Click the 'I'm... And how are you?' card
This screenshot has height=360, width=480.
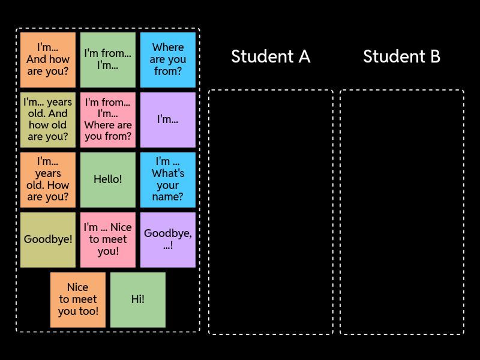48,59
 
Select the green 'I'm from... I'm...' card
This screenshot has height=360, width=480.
108,59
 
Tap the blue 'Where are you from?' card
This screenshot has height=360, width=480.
168,59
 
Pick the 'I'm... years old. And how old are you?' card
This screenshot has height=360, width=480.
48,119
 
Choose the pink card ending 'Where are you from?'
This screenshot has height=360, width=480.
108,119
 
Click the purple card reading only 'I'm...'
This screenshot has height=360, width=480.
168,119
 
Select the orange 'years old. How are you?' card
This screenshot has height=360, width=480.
48,179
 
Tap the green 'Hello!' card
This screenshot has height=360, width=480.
108,179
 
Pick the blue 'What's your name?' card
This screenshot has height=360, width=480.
168,179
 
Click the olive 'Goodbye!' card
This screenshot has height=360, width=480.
48,239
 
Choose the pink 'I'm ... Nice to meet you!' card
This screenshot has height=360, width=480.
108,239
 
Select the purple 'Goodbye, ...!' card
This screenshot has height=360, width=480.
168,239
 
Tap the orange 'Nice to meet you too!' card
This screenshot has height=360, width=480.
78,299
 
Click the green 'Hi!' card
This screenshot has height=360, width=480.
138,299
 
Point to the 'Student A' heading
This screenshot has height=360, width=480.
270,56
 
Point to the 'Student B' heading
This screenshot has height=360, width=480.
401,56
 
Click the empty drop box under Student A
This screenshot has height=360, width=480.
271,212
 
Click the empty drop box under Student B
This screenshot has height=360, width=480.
402,212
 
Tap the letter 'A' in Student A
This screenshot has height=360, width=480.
304,56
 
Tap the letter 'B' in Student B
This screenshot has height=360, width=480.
434,56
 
